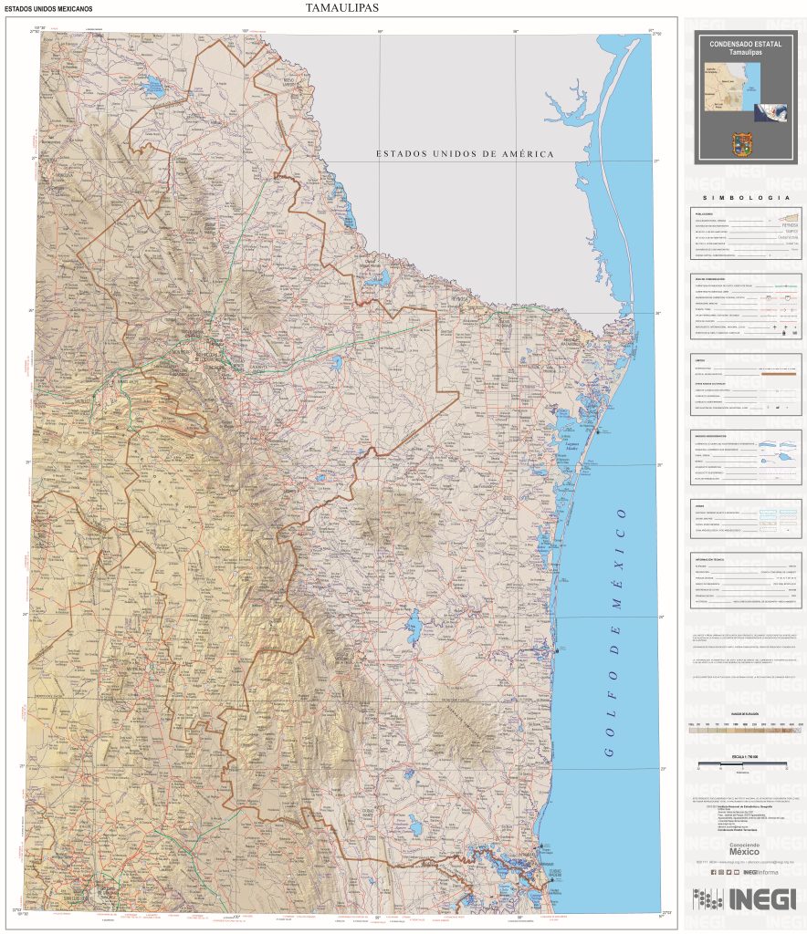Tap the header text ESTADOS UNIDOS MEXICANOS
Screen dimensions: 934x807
48,9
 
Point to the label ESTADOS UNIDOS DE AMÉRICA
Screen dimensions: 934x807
465,154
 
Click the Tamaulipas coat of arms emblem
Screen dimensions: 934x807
745,144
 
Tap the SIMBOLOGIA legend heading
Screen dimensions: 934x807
745,198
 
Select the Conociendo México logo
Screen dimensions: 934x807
745,847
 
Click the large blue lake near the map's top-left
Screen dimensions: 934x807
152,88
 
